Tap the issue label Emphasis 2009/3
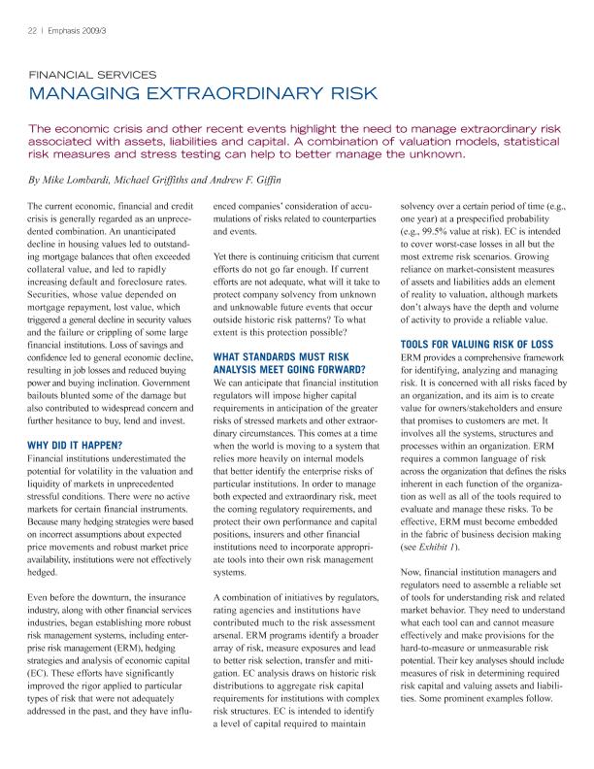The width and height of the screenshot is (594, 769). pos(69,30)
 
